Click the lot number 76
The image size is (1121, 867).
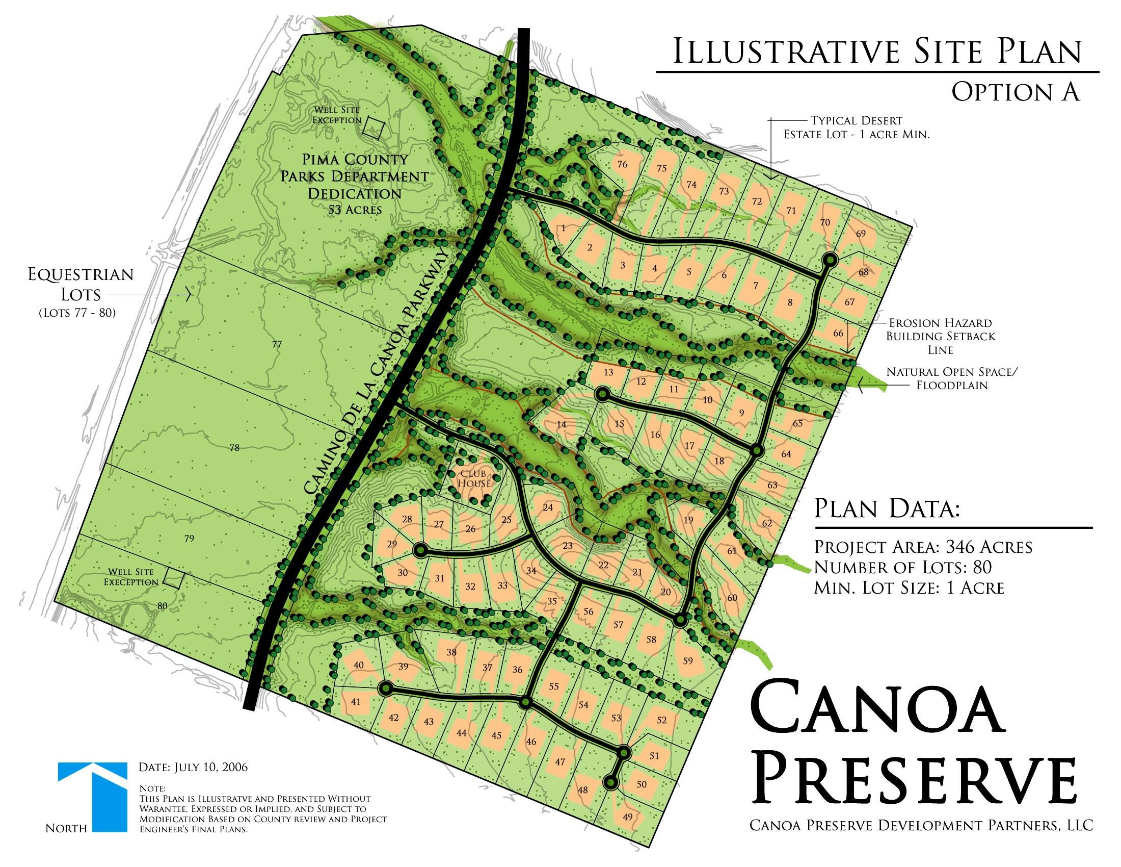[x=622, y=164]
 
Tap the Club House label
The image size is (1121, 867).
[x=474, y=479]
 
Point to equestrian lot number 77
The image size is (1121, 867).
[x=277, y=344]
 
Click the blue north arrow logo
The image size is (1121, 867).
[x=92, y=796]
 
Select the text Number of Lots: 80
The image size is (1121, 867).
[x=902, y=567]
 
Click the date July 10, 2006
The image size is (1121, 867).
[x=193, y=768]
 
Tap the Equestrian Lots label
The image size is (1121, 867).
[x=81, y=284]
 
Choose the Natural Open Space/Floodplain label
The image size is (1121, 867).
[x=952, y=378]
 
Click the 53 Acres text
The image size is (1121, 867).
[x=355, y=210]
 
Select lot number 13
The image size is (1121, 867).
[x=608, y=372]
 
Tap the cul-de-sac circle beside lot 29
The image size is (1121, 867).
[x=420, y=550]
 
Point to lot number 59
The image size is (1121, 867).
[x=688, y=660]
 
